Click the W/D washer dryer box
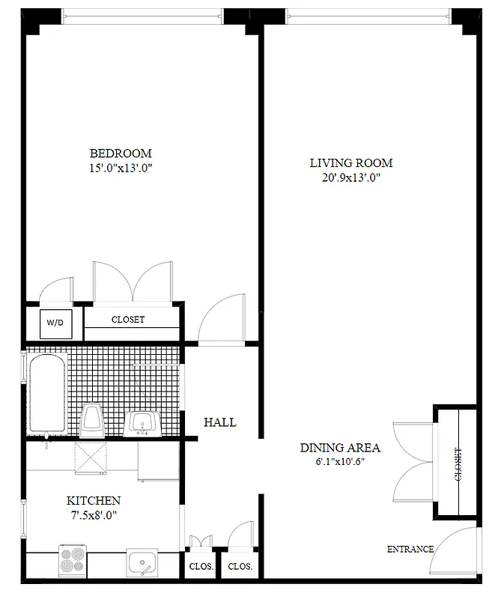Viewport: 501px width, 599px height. tap(55, 323)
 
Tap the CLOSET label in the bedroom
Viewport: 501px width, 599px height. tap(128, 320)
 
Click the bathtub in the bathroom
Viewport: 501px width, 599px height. tap(46, 395)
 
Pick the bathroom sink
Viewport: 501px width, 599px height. tap(143, 423)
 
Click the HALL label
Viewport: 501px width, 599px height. tap(220, 422)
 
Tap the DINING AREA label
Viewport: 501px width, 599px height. tap(340, 448)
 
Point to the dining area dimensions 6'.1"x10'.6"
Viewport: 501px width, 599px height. tap(340, 461)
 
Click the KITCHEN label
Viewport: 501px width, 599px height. tap(94, 500)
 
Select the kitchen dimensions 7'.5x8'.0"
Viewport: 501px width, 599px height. tap(94, 514)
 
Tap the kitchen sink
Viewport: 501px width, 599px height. tap(143, 562)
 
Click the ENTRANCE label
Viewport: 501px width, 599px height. tap(410, 550)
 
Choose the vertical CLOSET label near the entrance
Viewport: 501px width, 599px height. tap(457, 464)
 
